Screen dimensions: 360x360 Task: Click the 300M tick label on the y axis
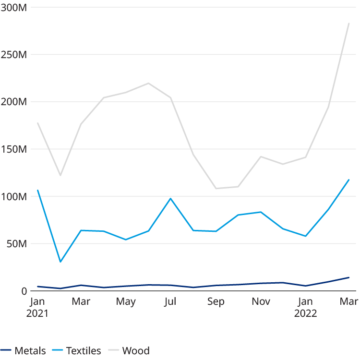14,8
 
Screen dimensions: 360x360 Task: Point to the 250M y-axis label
14,55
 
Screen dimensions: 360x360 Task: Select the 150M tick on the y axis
14,150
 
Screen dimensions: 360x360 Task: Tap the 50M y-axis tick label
17,244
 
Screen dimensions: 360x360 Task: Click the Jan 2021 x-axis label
37,308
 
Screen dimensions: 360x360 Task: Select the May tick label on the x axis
126,302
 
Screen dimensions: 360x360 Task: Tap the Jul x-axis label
170,302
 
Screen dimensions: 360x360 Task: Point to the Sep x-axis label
216,302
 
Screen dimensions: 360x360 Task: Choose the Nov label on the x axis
261,302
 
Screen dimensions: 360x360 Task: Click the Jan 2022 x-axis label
305,308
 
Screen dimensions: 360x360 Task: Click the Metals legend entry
24,350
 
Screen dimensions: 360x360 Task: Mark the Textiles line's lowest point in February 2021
60,262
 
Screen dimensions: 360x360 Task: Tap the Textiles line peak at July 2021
170,198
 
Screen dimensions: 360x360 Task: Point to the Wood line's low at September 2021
216,188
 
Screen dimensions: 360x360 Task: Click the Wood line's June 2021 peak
148,83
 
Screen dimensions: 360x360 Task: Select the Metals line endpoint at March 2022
349,277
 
